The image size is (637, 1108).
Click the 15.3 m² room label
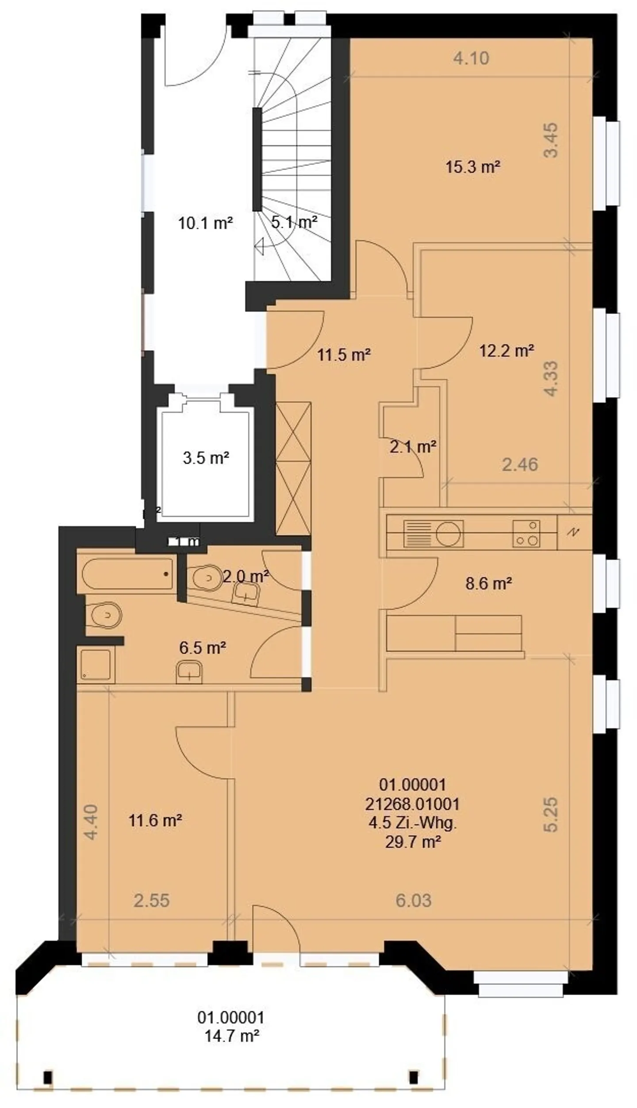click(472, 167)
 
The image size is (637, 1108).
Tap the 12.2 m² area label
click(507, 351)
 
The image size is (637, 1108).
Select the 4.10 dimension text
click(471, 58)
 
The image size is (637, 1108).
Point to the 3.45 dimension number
click(551, 140)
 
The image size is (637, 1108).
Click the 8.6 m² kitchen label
click(488, 584)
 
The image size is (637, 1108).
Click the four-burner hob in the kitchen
click(526, 534)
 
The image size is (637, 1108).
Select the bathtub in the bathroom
click(127, 574)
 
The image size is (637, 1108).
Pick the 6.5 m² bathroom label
click(203, 648)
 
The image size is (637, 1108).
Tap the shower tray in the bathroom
click(96, 665)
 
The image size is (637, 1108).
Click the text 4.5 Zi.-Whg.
click(412, 823)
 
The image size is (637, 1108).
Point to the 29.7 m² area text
click(412, 842)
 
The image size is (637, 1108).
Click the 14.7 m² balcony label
click(231, 1035)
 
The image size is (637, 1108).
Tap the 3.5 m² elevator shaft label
click(206, 458)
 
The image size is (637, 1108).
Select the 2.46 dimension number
click(520, 465)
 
